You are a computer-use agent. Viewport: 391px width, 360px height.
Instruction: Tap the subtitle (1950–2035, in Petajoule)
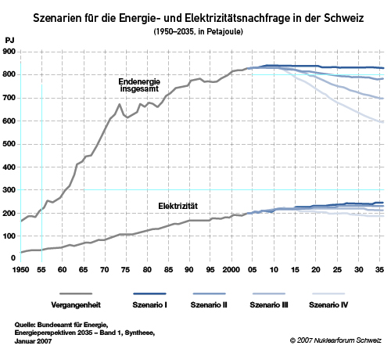tap(198, 31)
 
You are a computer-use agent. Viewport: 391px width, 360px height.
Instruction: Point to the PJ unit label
tap(9, 41)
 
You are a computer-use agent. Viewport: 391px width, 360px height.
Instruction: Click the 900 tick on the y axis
tap(9, 52)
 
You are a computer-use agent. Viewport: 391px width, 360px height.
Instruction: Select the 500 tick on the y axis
tap(9, 144)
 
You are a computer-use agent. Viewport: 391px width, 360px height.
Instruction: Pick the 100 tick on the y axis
tap(9, 236)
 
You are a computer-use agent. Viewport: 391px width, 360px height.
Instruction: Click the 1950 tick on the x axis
tap(20, 269)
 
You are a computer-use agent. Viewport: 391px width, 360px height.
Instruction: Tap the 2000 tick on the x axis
tap(231, 269)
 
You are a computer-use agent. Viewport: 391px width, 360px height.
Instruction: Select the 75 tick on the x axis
tap(126, 269)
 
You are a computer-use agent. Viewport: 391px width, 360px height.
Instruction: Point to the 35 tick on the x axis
tap(379, 269)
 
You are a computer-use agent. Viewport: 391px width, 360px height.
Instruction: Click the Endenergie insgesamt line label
tap(139, 85)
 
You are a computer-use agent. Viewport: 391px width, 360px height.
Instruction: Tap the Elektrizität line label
tap(178, 206)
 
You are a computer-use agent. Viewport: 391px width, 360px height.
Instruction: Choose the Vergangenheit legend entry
tap(76, 304)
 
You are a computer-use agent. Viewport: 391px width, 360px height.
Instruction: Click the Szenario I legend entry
tap(149, 304)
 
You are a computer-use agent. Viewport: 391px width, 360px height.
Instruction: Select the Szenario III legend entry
tap(269, 304)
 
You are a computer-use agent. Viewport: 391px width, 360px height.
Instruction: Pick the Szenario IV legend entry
tap(328, 304)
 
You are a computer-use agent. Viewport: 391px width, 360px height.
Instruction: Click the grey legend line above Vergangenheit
tap(76, 293)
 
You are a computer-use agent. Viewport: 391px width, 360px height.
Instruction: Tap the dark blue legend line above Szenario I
tap(149, 293)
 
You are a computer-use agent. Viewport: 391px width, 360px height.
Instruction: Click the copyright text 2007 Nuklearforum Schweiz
tap(339, 340)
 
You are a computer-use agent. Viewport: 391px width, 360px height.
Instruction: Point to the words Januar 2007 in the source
tap(33, 341)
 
